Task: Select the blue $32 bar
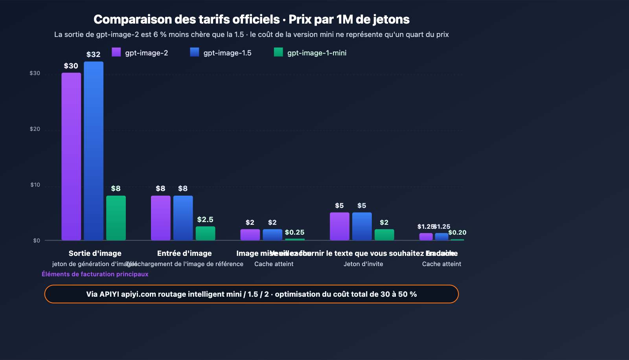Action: (x=94, y=151)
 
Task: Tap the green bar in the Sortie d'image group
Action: (x=116, y=218)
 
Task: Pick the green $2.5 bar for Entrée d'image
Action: (x=205, y=233)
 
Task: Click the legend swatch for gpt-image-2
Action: (x=116, y=52)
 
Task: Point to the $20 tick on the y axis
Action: (x=35, y=129)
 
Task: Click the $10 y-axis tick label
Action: (x=35, y=185)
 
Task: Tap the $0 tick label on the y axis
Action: (x=37, y=241)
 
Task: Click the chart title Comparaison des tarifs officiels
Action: (x=252, y=19)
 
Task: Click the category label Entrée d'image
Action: (x=184, y=253)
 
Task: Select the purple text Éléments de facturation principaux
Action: (x=95, y=274)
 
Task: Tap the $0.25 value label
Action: (x=294, y=232)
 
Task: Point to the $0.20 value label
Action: (x=457, y=232)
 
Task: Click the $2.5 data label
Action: (x=205, y=219)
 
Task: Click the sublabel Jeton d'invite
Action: (x=363, y=264)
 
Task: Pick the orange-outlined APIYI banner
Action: (x=252, y=294)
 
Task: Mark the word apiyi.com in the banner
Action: (x=138, y=294)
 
